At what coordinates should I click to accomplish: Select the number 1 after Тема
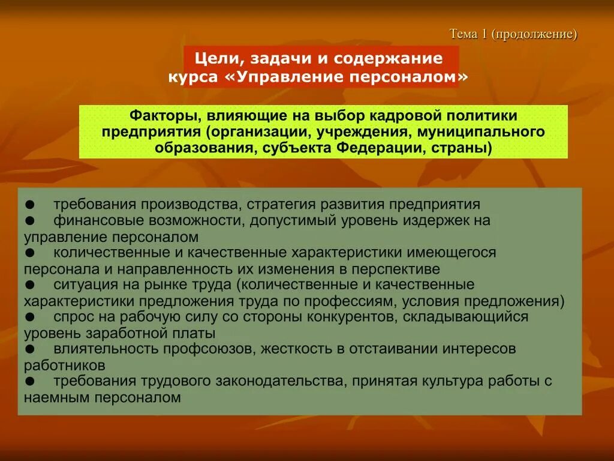click(483, 34)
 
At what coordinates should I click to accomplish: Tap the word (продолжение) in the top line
click(534, 34)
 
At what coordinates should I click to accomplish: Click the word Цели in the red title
click(216, 59)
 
